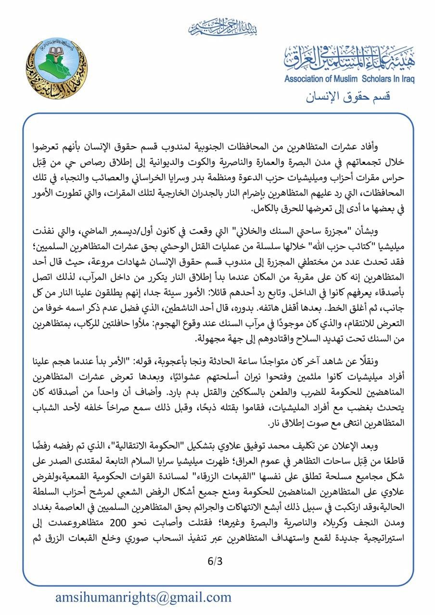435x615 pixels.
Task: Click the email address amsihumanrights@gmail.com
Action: (x=143, y=597)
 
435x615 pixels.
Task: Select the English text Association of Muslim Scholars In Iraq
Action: (x=349, y=79)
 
